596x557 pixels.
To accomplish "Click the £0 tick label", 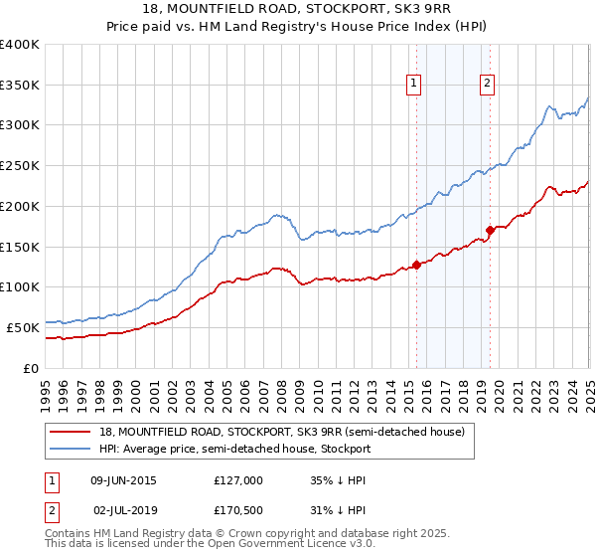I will pyautogui.click(x=32, y=368).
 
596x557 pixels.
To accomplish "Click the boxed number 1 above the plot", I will pyautogui.click(x=412, y=85).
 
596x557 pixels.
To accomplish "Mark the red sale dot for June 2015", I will pyautogui.click(x=416, y=264).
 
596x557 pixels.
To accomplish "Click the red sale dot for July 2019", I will pyautogui.click(x=490, y=230).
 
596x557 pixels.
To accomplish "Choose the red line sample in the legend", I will pyautogui.click(x=70, y=433).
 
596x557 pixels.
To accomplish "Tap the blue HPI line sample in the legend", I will pyautogui.click(x=70, y=450).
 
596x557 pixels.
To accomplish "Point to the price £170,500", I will pyautogui.click(x=238, y=509).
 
